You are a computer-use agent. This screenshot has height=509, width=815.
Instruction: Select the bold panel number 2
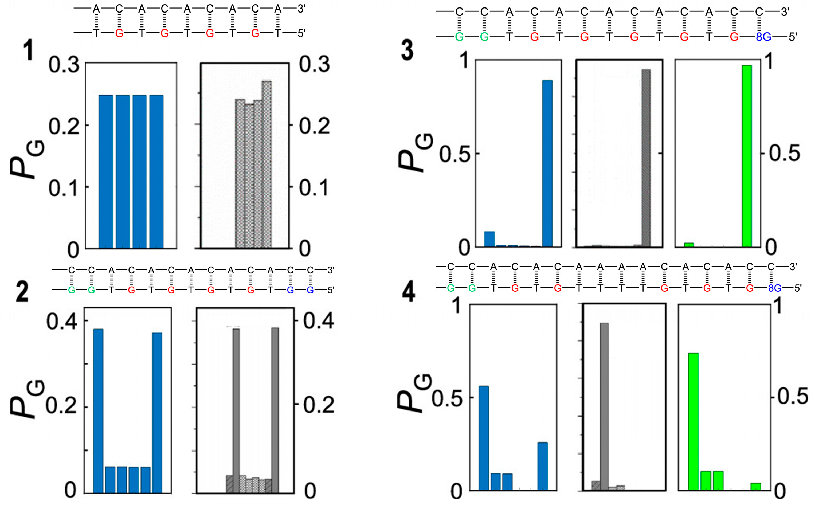pos(22,292)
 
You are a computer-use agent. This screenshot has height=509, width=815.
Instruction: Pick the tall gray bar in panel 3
pos(646,158)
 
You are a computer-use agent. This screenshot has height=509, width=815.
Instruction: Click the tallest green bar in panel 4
pos(693,421)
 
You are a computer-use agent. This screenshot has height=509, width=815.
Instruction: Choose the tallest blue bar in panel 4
pos(484,438)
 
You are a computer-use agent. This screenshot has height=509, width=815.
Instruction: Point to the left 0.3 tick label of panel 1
pos(64,65)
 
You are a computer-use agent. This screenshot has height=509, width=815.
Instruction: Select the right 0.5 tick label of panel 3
pos(784,154)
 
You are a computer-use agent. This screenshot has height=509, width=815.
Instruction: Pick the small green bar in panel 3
pos(689,245)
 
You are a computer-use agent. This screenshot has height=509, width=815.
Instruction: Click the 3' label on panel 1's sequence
pos(301,9)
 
